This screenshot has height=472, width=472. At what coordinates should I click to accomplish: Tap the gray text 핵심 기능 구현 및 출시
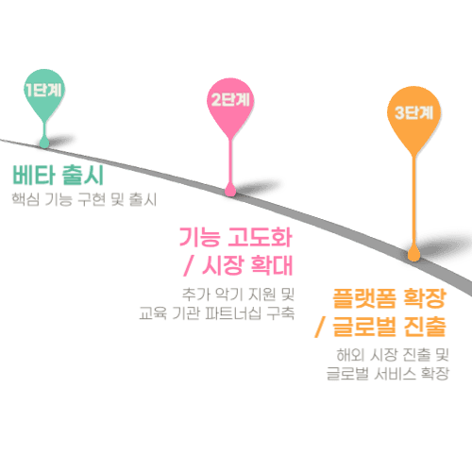82,200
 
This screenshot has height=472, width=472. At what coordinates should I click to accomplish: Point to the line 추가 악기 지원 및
237,292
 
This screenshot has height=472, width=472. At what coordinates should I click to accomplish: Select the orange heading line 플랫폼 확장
387,300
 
